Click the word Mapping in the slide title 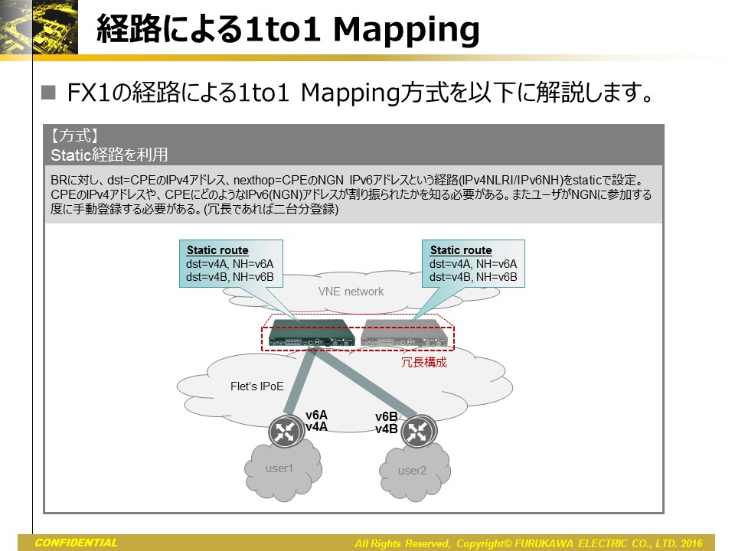406,30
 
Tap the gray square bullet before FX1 48,93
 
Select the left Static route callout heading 217,250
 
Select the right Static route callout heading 461,250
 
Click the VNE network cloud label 351,292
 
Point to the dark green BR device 312,333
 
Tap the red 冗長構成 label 424,362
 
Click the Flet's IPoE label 257,386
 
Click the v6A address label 316,415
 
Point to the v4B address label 387,429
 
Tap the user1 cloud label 279,468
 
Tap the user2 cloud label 412,471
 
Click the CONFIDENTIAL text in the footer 76,543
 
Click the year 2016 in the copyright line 691,543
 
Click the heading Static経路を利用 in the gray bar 109,155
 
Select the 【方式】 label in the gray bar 75,135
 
